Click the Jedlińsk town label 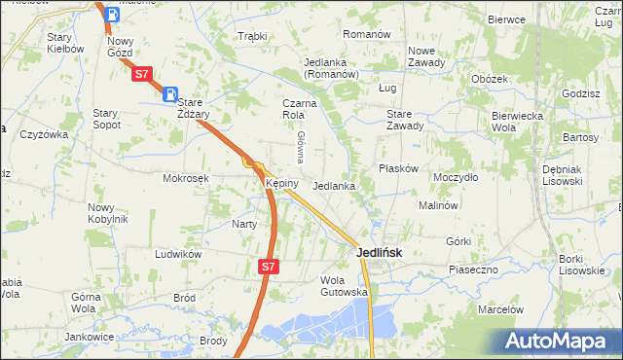click(375, 252)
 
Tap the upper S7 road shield click(142, 73)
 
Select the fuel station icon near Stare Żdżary click(170, 95)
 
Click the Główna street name click(302, 146)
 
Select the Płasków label click(398, 168)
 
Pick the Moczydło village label click(456, 178)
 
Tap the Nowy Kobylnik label click(107, 212)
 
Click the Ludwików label click(177, 254)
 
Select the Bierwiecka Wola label click(517, 120)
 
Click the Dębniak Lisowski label click(561, 174)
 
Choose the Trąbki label click(252, 36)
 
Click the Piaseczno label click(473, 269)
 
